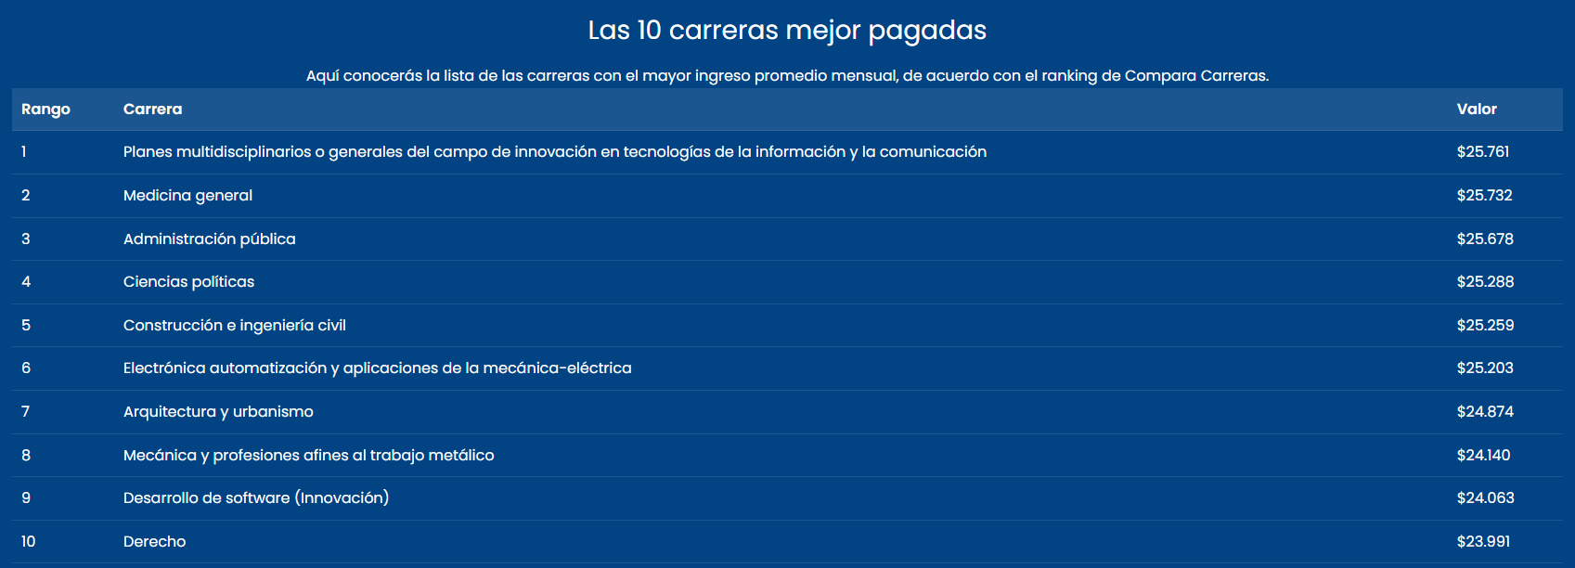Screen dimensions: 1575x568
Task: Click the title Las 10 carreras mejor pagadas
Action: pyautogui.click(x=787, y=31)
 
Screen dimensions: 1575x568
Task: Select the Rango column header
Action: pyautogui.click(x=45, y=110)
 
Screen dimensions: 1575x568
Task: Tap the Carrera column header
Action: pyautogui.click(x=152, y=109)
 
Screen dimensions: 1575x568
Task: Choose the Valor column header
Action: pyautogui.click(x=1477, y=109)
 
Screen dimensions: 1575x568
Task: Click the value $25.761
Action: pyautogui.click(x=1483, y=152)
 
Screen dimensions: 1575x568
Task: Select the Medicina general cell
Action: pyautogui.click(x=187, y=196)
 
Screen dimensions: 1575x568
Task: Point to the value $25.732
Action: pyautogui.click(x=1484, y=196)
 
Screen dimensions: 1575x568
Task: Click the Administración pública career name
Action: pyautogui.click(x=210, y=239)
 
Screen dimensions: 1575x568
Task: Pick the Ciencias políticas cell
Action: pyautogui.click(x=188, y=282)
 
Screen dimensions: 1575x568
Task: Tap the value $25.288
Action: pyautogui.click(x=1485, y=282)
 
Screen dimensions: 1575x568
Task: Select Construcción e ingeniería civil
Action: pyautogui.click(x=234, y=326)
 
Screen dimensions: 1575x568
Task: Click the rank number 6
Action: pyautogui.click(x=26, y=368)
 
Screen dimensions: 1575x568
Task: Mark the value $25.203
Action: pyautogui.click(x=1485, y=368)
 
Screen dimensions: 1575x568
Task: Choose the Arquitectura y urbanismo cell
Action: pyautogui.click(x=218, y=412)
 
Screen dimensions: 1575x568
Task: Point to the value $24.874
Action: pyautogui.click(x=1485, y=412)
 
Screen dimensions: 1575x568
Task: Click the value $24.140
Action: pyautogui.click(x=1484, y=456)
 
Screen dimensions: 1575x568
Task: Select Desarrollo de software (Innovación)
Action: pyautogui.click(x=256, y=498)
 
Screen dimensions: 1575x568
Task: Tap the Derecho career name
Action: pyautogui.click(x=155, y=542)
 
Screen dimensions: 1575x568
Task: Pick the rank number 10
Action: pyautogui.click(x=28, y=542)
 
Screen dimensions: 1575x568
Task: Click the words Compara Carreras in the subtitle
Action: pyautogui.click(x=1195, y=76)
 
